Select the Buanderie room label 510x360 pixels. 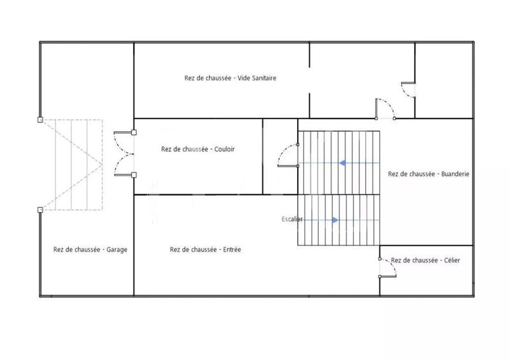[428, 173]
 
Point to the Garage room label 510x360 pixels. [90, 250]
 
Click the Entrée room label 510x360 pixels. [205, 250]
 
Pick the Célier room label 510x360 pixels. [425, 260]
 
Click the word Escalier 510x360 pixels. [292, 219]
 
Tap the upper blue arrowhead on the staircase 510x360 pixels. [342, 163]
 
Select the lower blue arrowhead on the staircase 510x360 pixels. [334, 220]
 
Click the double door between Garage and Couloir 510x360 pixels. [122, 153]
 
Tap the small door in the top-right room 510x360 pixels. [409, 90]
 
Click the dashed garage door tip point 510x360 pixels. [102, 164]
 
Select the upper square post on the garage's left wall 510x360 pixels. [40, 119]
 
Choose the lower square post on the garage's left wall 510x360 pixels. [40, 210]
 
